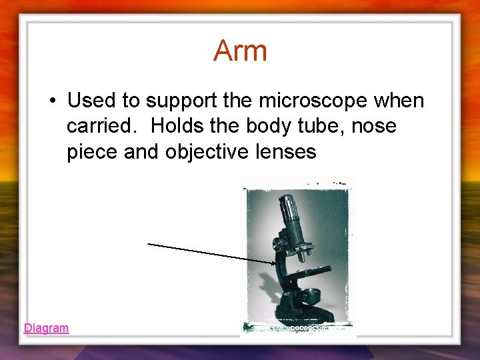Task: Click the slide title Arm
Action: pyautogui.click(x=240, y=51)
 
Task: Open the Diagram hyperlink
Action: pyautogui.click(x=46, y=328)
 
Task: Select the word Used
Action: pyautogui.click(x=91, y=101)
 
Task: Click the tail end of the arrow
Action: pyautogui.click(x=149, y=244)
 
